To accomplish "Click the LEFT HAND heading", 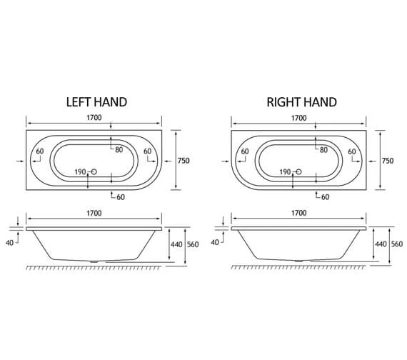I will (x=96, y=102).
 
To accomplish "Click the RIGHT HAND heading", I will (x=301, y=102).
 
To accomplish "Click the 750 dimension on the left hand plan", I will (x=184, y=161).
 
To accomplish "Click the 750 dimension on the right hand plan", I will (x=388, y=161).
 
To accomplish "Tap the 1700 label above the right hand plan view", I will (x=299, y=118).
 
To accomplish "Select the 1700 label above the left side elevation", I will (x=94, y=213).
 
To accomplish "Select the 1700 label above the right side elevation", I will (x=299, y=213).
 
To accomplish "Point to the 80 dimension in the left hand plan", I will (x=119, y=149).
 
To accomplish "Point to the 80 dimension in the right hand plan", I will (x=323, y=149).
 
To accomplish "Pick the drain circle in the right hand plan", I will (x=299, y=172).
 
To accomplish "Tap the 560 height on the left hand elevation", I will (x=192, y=244).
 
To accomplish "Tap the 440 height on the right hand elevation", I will (x=381, y=244).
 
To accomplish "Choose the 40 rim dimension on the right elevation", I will (x=215, y=242).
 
